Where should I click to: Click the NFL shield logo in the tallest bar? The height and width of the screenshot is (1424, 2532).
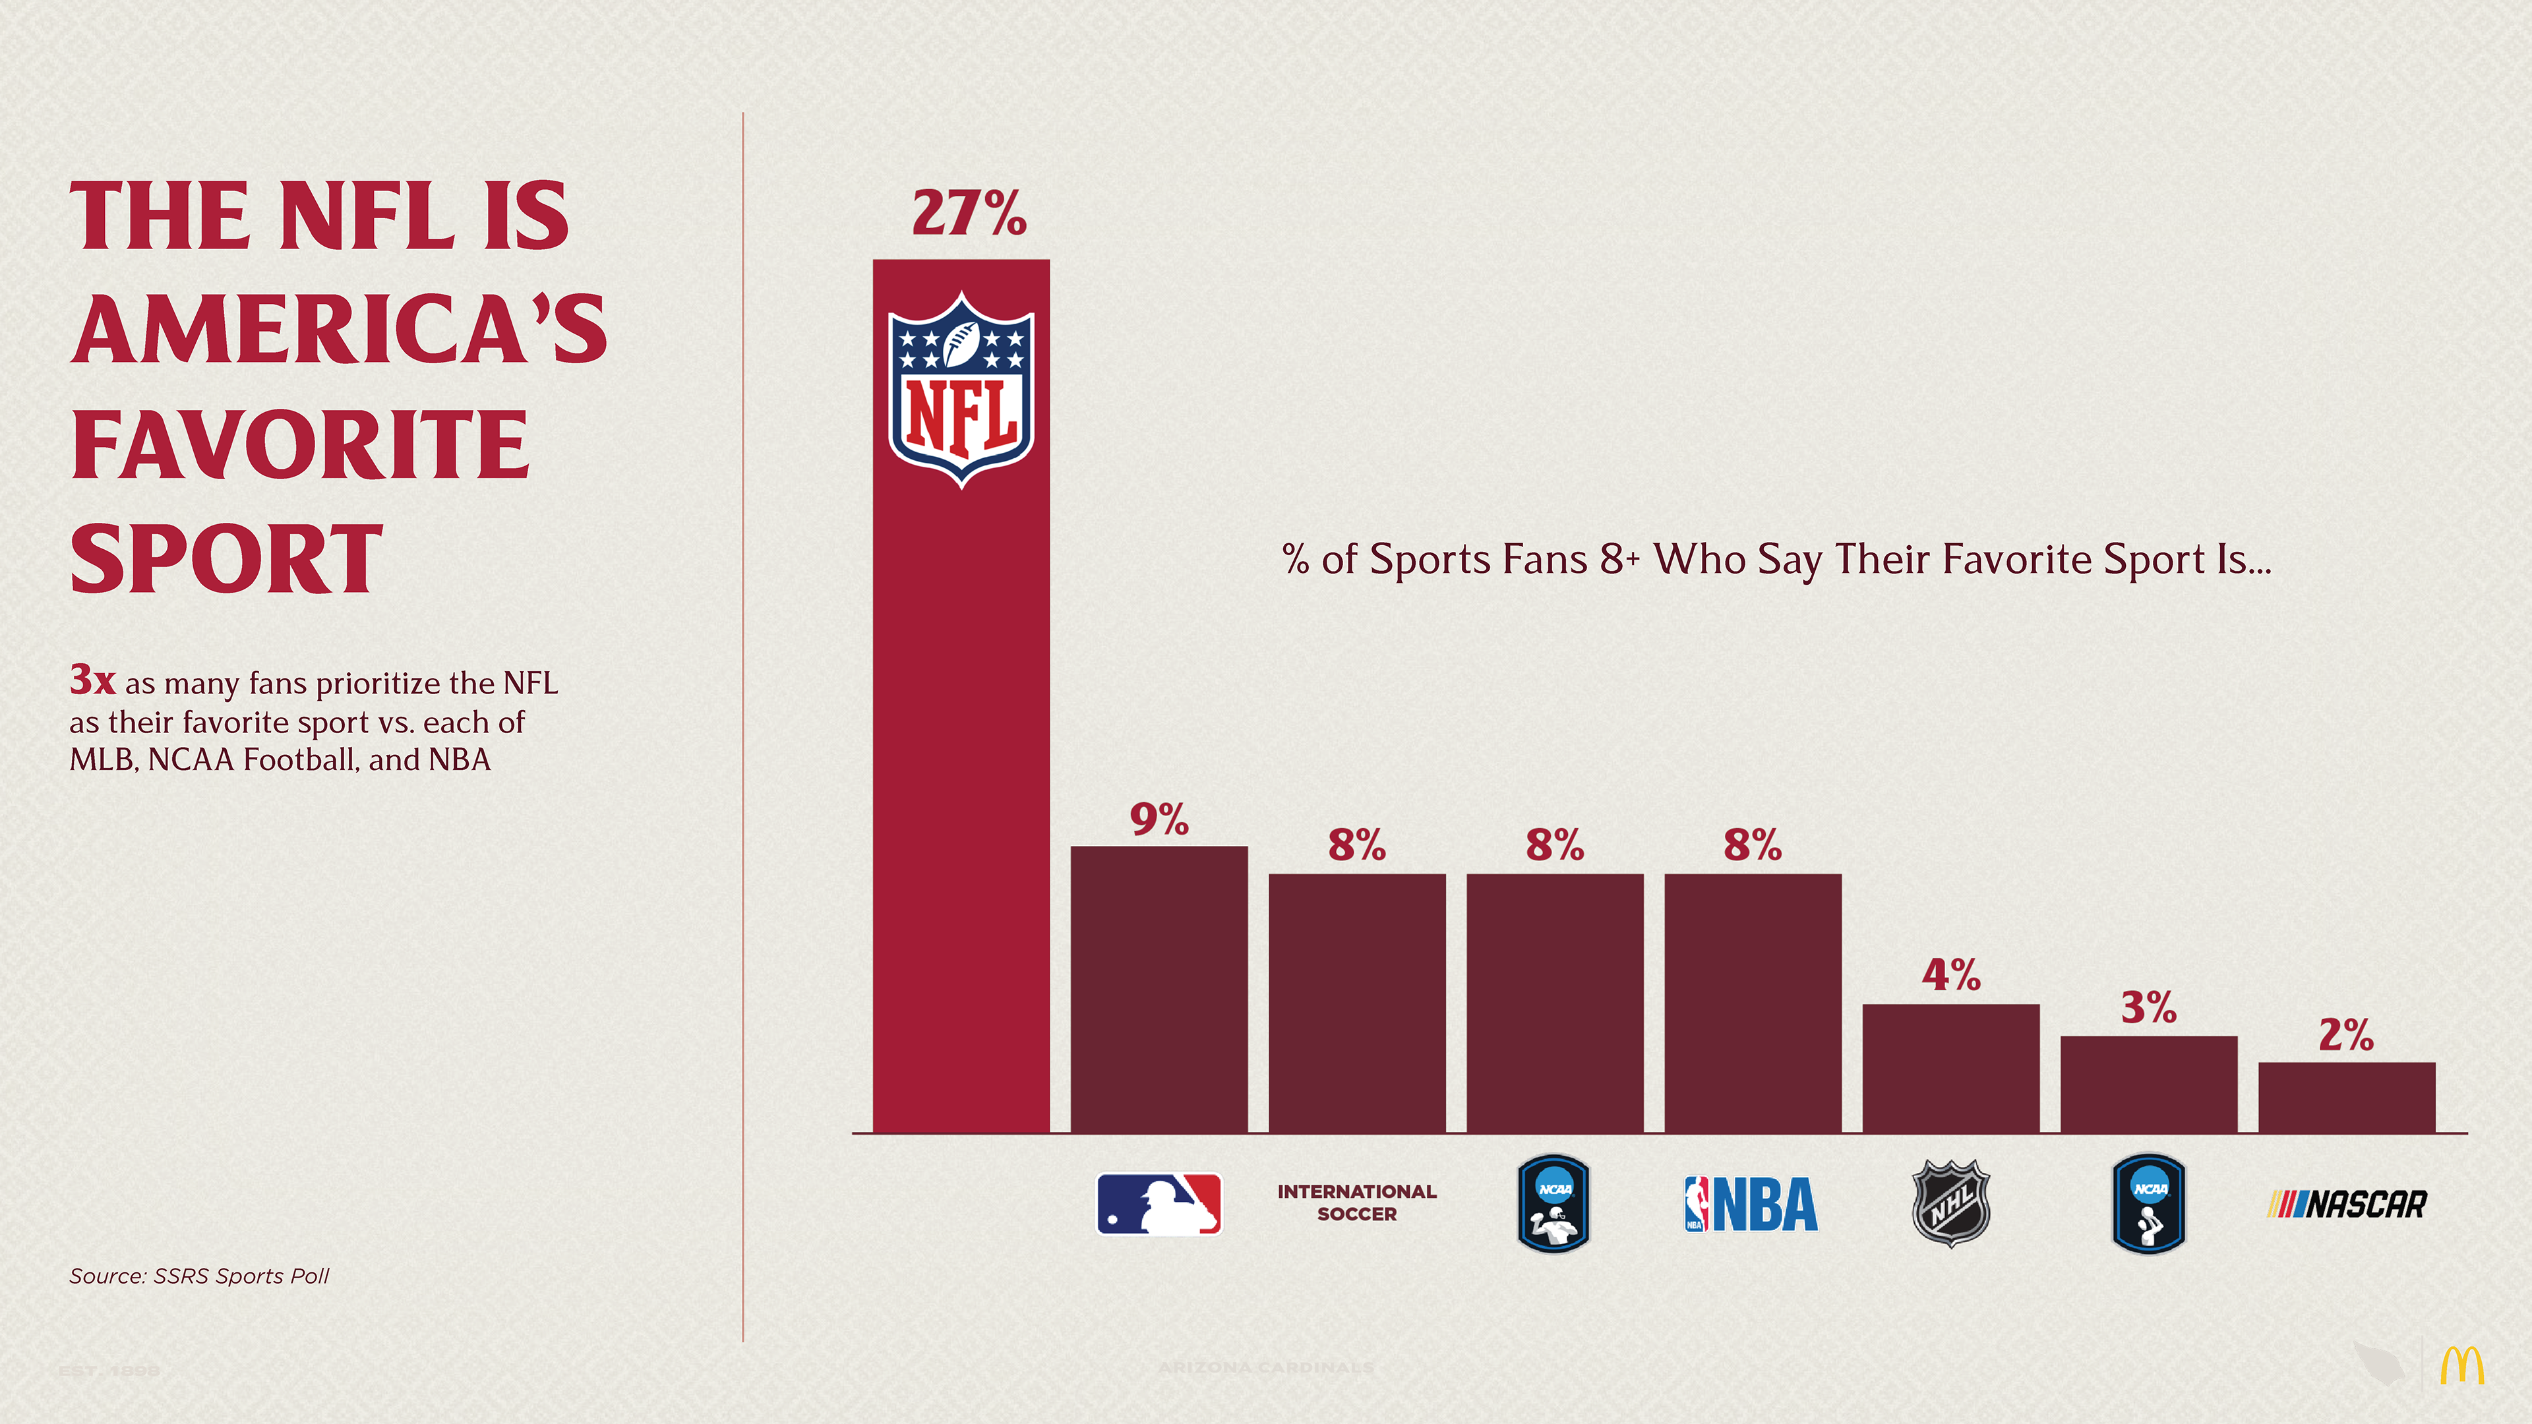[x=961, y=390]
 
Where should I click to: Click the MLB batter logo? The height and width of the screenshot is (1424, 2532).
[x=1159, y=1204]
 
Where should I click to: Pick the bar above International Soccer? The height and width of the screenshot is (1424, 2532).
[x=1356, y=1002]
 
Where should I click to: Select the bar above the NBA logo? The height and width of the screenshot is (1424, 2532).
[x=1753, y=1002]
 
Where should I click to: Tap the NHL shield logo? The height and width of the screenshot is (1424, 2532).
[x=1951, y=1203]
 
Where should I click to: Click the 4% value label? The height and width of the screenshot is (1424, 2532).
[x=1951, y=975]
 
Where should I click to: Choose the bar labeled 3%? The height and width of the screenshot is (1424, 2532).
[x=2149, y=1084]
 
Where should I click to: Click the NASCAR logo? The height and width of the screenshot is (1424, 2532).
[x=2346, y=1204]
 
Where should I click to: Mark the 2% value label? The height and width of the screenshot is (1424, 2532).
[x=2346, y=1035]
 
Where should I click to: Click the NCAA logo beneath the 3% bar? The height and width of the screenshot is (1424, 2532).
[x=2149, y=1204]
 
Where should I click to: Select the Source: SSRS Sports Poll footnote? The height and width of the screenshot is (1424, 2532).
[x=198, y=1276]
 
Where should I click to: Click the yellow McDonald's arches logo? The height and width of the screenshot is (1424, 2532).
[x=2461, y=1366]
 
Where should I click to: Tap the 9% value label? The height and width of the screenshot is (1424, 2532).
[x=1159, y=819]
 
